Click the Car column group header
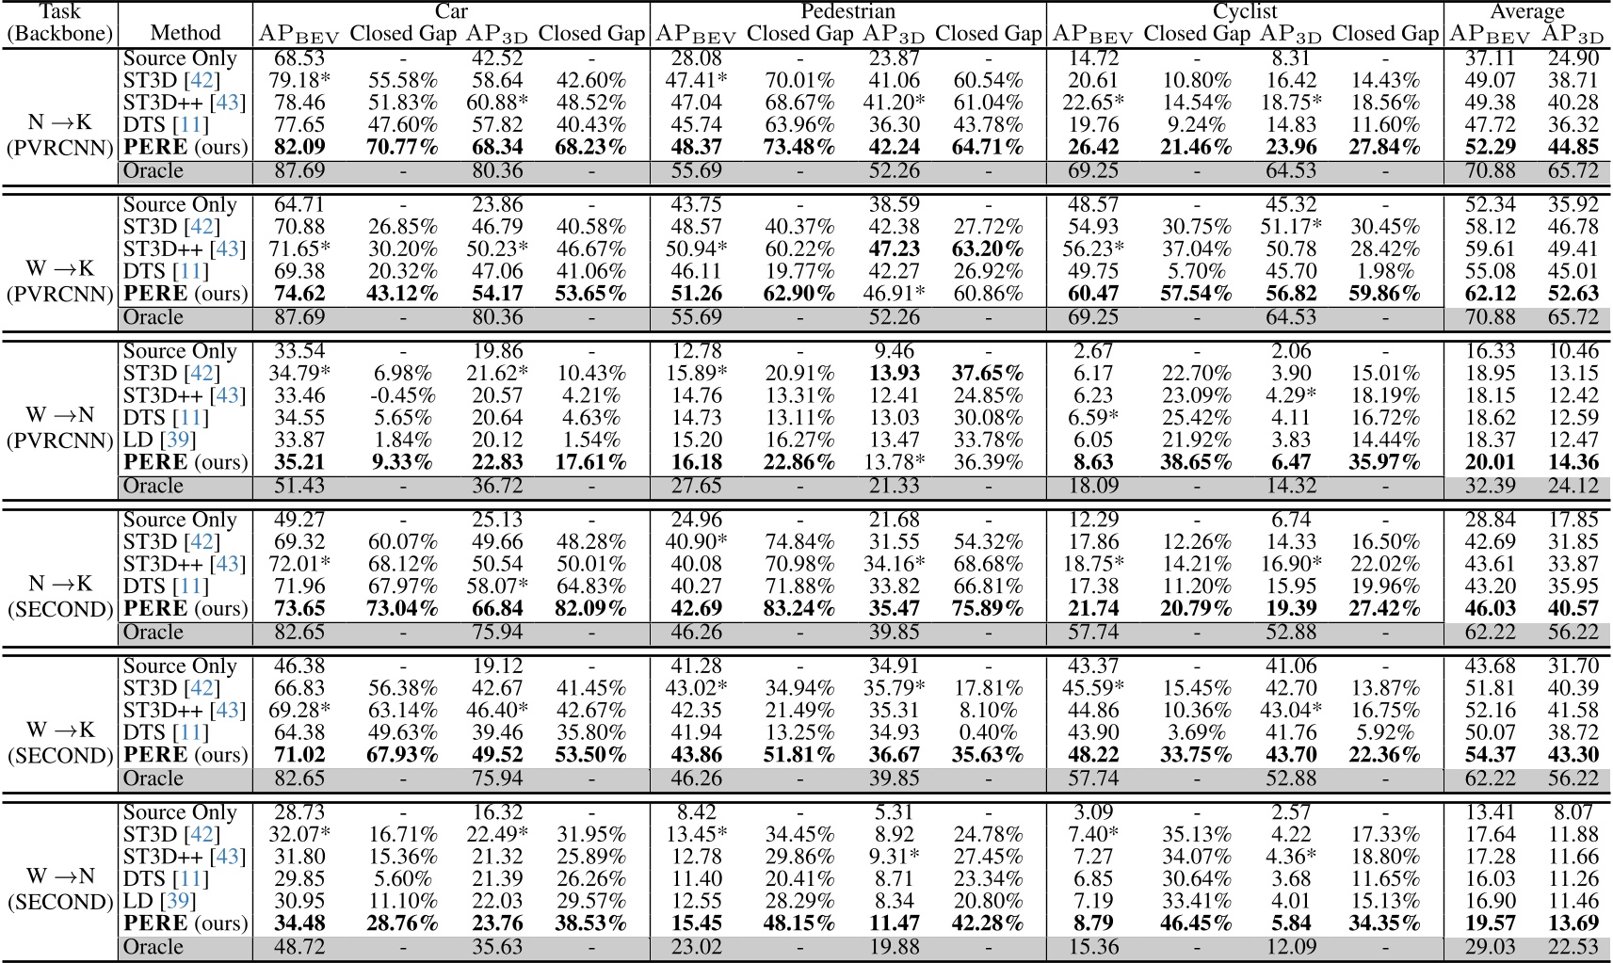451,11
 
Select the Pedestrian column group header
847,11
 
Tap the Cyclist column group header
1245,11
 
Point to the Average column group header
1526,11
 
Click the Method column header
185,33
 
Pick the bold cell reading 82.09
299,147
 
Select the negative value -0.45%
402,395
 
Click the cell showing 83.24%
799,608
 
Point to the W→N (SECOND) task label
60,890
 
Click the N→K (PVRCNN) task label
60,135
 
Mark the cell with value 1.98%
1385,271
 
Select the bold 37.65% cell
988,374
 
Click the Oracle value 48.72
299,946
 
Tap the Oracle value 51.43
299,486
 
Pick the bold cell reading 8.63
1093,462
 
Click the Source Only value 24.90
1573,58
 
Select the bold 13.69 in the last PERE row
1573,923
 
